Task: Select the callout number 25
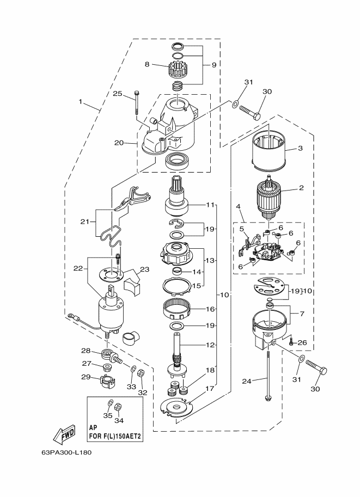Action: pyautogui.click(x=117, y=94)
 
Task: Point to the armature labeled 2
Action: pyautogui.click(x=269, y=197)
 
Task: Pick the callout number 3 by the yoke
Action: pyautogui.click(x=300, y=148)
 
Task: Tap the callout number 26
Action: pyautogui.click(x=302, y=342)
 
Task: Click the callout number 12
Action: pyautogui.click(x=210, y=345)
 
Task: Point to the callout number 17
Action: pyautogui.click(x=210, y=388)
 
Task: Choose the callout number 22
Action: pyautogui.click(x=78, y=268)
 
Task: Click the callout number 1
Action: pyautogui.click(x=81, y=102)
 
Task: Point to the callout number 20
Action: pyautogui.click(x=119, y=143)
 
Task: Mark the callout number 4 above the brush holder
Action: pyautogui.click(x=238, y=207)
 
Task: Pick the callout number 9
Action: pyautogui.click(x=214, y=65)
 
